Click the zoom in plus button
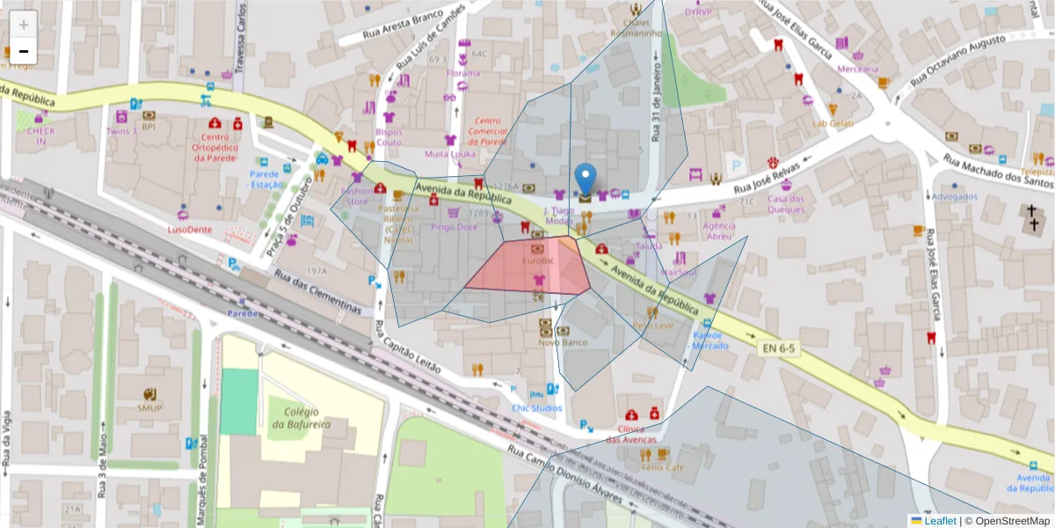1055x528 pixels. (x=24, y=25)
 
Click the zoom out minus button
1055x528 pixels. (x=24, y=51)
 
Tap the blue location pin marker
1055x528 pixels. (x=585, y=180)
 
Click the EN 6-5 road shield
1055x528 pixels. (x=778, y=349)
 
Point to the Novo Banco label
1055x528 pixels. (x=562, y=341)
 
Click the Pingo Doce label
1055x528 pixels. (x=455, y=227)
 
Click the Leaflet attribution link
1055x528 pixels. (x=940, y=521)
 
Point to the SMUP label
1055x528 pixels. (x=149, y=407)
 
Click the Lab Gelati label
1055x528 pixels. (x=833, y=123)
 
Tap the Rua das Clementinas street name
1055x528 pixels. (x=318, y=294)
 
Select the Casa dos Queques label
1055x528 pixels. (x=786, y=204)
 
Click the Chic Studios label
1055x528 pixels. (x=537, y=407)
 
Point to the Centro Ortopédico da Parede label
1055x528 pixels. (x=215, y=147)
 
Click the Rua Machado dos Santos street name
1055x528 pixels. (x=997, y=172)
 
